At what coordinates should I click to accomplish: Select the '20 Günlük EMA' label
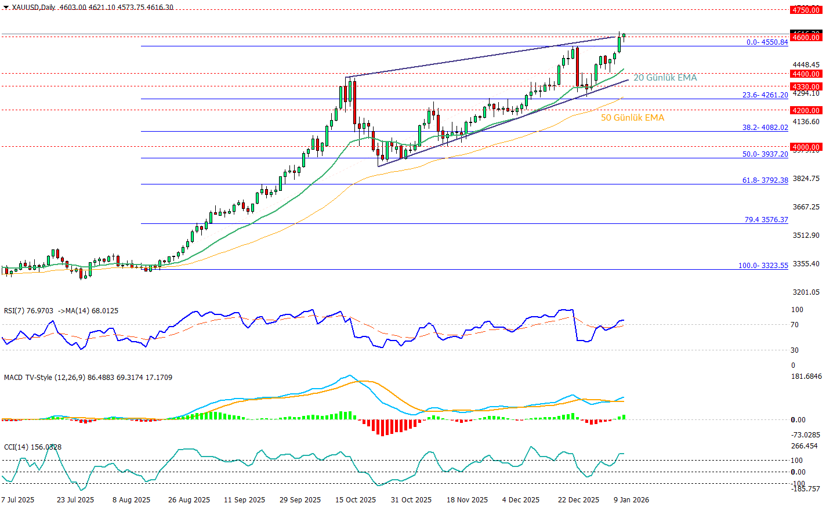(665, 78)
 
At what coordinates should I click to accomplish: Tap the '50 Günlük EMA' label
(632, 118)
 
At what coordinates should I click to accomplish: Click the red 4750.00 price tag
(806, 10)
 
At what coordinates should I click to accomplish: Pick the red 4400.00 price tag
(806, 74)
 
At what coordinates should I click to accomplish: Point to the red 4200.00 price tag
(806, 110)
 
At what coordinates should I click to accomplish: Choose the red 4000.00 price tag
(806, 147)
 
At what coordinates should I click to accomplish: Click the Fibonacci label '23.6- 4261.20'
(765, 95)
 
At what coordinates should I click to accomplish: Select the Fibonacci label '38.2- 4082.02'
(765, 128)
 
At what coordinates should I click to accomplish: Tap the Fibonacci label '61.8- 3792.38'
(765, 180)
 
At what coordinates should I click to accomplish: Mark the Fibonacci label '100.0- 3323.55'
(763, 266)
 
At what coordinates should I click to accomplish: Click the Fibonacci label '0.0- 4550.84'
(767, 42)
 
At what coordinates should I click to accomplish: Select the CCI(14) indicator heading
(32, 447)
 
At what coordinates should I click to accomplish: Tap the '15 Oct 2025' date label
(355, 500)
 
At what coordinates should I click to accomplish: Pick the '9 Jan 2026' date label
(632, 500)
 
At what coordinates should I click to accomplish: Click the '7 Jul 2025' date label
(18, 500)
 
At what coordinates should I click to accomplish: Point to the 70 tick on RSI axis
(795, 325)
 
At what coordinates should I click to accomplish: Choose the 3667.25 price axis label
(805, 207)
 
